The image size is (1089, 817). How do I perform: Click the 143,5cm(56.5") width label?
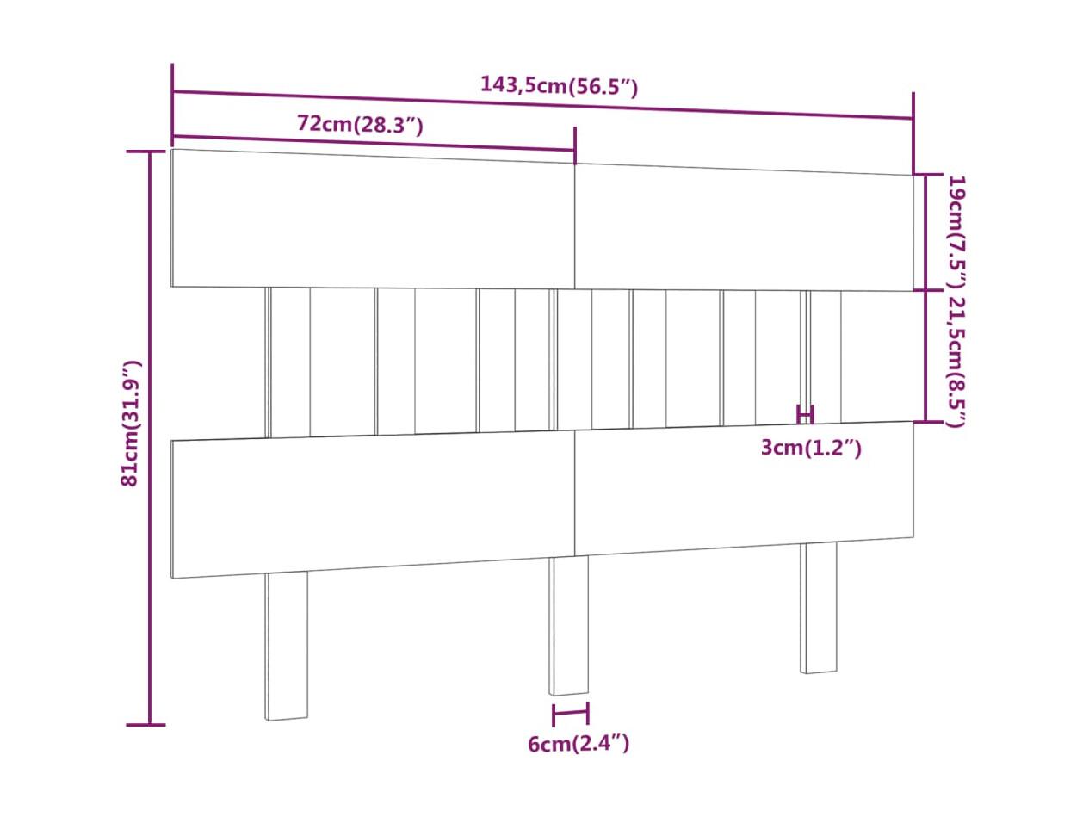pyautogui.click(x=559, y=86)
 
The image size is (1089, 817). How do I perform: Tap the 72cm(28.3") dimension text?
pyautogui.click(x=360, y=124)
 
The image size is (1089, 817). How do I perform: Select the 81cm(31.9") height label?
pyautogui.click(x=131, y=423)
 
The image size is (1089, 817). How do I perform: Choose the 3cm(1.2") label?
pyautogui.click(x=811, y=448)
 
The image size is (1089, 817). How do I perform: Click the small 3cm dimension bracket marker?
pyautogui.click(x=805, y=413)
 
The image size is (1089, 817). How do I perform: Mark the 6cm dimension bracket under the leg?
pyautogui.click(x=571, y=714)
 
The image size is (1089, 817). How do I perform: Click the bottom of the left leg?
pyautogui.click(x=287, y=718)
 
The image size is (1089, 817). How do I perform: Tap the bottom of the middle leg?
pyautogui.click(x=568, y=693)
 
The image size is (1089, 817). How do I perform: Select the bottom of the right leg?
pyautogui.click(x=818, y=671)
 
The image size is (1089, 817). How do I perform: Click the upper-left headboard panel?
pyautogui.click(x=373, y=219)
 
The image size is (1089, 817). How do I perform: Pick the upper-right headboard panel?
pyautogui.click(x=744, y=227)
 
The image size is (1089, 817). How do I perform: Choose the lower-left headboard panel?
pyautogui.click(x=373, y=504)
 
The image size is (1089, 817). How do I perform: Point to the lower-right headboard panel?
pyautogui.click(x=744, y=488)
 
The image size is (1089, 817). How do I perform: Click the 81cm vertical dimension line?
pyautogui.click(x=149, y=438)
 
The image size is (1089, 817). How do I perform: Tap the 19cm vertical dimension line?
pyautogui.click(x=925, y=232)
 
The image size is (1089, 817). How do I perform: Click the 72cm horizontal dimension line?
pyautogui.click(x=374, y=143)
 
